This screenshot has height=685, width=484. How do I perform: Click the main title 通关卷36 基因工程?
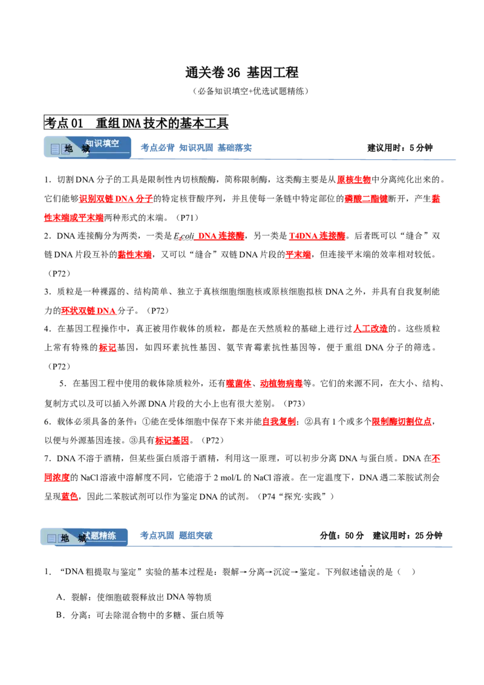[x=241, y=72]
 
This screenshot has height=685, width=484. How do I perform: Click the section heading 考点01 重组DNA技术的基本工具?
[x=136, y=123]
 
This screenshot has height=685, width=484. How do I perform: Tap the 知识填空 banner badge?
[x=87, y=147]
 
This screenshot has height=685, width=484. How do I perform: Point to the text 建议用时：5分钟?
[x=400, y=148]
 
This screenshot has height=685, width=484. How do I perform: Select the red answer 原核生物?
[x=354, y=180]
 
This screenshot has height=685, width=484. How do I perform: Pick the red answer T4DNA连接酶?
[x=317, y=236]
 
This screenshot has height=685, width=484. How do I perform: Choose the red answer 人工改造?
[x=370, y=329]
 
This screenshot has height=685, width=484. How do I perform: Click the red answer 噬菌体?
[x=238, y=384]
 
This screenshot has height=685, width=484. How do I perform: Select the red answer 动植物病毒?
[x=281, y=384]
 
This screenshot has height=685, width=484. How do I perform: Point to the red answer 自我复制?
[x=279, y=422]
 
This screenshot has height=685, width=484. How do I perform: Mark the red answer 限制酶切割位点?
[x=402, y=422]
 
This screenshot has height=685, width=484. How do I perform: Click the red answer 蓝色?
[x=70, y=497]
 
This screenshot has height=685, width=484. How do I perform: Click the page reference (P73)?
[x=293, y=404]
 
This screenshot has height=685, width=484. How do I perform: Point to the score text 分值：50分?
[x=342, y=536]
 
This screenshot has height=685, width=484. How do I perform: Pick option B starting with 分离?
[x=140, y=615]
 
